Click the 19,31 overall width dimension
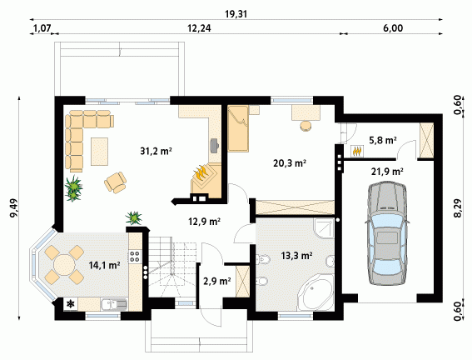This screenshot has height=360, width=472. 236,14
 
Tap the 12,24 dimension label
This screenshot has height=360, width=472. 199,28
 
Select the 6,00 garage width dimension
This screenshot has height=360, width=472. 393,28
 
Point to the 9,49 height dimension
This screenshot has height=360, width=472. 13,207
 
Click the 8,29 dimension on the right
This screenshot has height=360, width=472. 457,207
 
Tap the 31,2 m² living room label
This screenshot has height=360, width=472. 156,151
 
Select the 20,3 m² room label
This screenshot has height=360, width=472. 290,163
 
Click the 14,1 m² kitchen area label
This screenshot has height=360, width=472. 104,265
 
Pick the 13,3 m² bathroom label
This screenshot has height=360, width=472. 296,256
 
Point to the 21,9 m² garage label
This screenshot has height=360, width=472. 387,172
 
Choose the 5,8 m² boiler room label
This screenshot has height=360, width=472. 383,140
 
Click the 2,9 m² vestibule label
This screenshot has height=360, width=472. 217,282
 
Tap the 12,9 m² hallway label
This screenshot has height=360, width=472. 205,222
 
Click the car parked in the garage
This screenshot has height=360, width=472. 387,232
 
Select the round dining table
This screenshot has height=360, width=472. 64,265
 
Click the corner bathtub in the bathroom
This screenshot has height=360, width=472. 315,292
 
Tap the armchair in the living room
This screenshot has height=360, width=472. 116,182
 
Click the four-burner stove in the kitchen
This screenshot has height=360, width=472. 135,256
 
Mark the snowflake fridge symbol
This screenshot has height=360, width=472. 71,303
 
